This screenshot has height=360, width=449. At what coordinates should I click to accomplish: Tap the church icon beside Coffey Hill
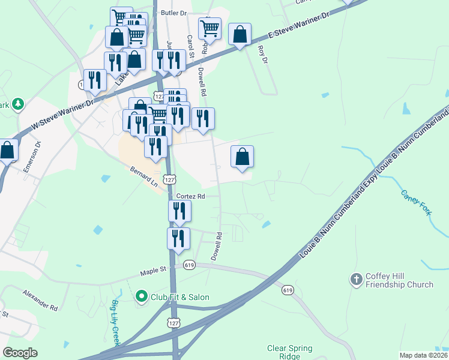[357, 280]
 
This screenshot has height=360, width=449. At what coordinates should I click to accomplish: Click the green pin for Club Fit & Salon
[142, 296]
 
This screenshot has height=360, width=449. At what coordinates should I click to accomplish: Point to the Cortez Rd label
[191, 196]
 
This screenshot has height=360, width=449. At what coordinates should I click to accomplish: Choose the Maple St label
[153, 271]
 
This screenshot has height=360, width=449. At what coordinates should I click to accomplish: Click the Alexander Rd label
[40, 300]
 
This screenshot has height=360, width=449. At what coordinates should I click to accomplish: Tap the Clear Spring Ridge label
[289, 352]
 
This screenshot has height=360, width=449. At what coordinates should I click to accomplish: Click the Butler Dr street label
[174, 13]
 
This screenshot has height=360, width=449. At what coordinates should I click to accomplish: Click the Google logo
[20, 353]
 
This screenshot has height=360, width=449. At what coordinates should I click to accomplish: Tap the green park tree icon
[18, 104]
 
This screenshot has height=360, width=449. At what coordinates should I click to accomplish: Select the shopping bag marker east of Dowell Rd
[242, 157]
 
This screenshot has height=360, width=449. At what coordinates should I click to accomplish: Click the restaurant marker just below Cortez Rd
[179, 211]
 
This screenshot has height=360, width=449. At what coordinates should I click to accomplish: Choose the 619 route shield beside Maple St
[190, 265]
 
